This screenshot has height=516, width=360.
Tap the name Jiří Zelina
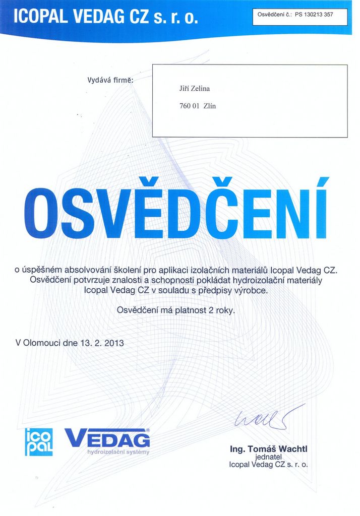point(195,89)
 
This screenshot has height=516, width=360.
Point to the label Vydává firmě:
point(110,80)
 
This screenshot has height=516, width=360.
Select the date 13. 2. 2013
point(101,344)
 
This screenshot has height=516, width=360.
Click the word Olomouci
point(42,344)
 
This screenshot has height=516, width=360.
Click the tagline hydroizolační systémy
point(118,452)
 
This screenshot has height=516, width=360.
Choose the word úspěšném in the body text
point(44,270)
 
